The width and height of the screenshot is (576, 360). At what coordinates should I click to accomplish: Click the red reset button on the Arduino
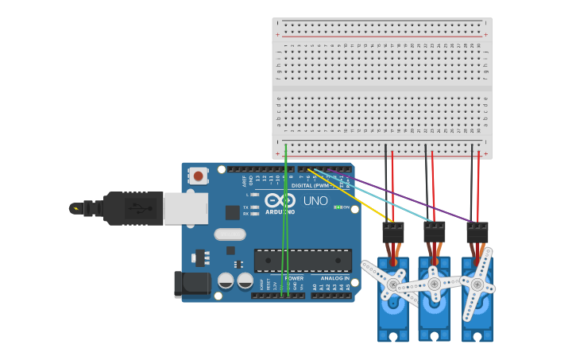(198, 176)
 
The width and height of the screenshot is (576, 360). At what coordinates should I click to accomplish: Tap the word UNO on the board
(315, 201)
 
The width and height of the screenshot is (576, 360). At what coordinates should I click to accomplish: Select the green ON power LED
(338, 207)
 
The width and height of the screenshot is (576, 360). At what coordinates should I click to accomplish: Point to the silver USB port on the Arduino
(185, 208)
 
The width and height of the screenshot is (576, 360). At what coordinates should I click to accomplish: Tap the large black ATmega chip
(302, 261)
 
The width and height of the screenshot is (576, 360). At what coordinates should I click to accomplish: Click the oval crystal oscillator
(230, 234)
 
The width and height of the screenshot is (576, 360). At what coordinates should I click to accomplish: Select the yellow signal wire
(350, 195)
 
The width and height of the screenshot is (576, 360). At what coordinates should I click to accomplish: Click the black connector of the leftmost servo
(392, 232)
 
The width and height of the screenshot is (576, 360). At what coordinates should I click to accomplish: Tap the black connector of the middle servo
(434, 232)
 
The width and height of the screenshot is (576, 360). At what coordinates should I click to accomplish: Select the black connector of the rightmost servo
(477, 232)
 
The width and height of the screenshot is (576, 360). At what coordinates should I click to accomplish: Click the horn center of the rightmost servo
(477, 284)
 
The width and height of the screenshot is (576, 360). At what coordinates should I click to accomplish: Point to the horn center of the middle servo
(434, 284)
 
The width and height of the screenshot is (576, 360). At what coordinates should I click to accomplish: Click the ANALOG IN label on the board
(334, 279)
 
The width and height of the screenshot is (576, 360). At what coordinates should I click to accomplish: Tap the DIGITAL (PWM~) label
(312, 185)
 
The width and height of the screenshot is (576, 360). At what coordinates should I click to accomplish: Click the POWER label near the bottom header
(294, 279)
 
